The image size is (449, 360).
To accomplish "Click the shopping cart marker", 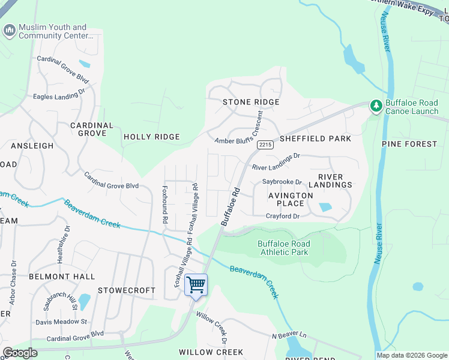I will [196, 285].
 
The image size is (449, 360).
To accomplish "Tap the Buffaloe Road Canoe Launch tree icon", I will [376, 106].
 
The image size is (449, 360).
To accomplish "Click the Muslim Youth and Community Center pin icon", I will [9, 31].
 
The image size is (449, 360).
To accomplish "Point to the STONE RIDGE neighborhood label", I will [251, 102].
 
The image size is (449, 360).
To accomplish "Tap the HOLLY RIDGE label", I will [151, 137].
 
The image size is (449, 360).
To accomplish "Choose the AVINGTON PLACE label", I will [291, 199].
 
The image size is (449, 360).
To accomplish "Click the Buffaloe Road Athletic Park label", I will [284, 248].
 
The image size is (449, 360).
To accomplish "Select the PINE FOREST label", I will [409, 144].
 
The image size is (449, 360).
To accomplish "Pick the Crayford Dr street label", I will [282, 216].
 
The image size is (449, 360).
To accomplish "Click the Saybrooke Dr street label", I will [282, 181].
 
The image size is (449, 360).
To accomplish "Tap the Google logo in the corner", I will [20, 353].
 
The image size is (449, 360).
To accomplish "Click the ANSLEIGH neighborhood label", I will [31, 146].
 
